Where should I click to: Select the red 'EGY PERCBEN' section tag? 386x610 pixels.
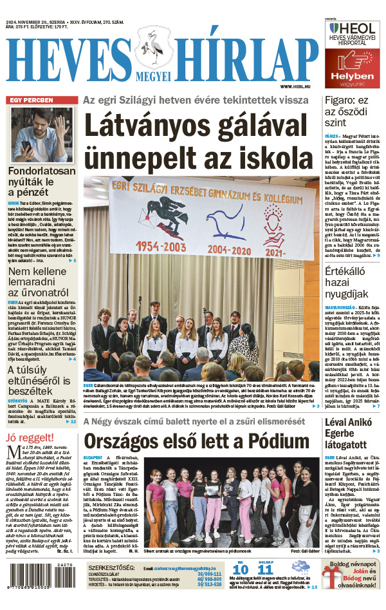(31, 100)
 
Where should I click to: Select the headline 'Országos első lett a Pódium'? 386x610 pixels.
(197, 441)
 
